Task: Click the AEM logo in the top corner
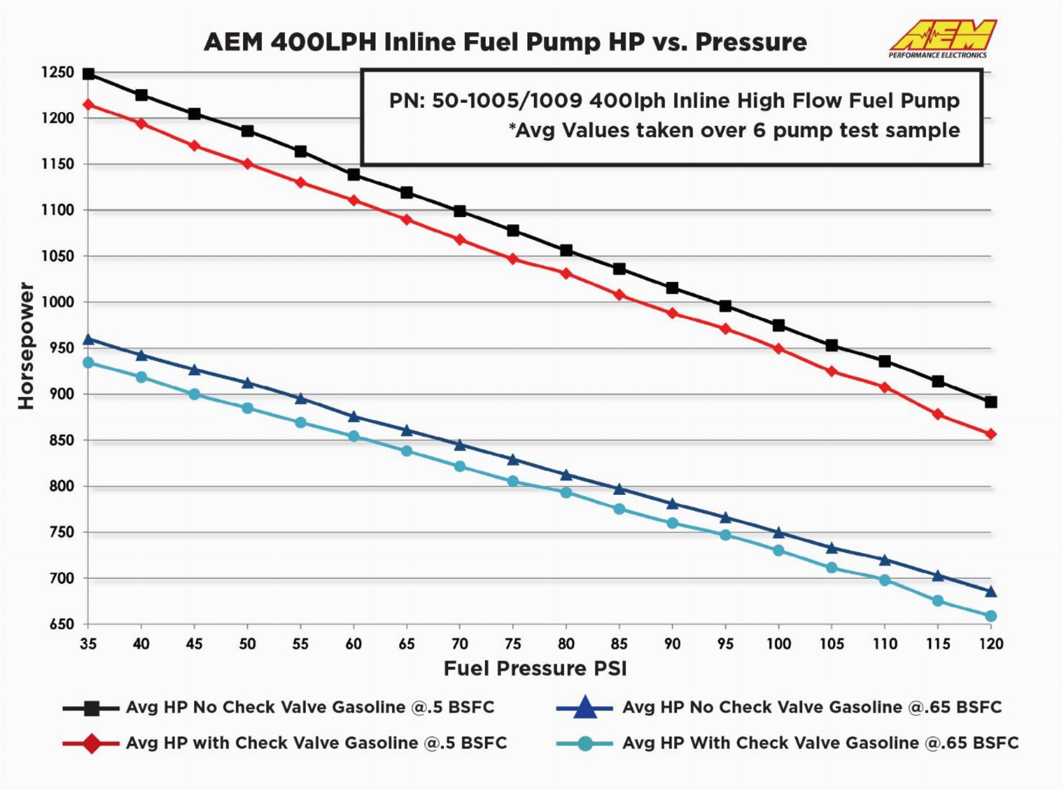(x=942, y=38)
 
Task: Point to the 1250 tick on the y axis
(x=57, y=72)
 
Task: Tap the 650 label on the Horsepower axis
(x=57, y=624)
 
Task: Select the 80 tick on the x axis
(x=566, y=643)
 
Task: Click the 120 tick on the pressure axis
(x=991, y=643)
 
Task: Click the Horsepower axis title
(x=25, y=346)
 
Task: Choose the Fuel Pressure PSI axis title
(x=535, y=669)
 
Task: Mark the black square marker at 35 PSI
(x=89, y=74)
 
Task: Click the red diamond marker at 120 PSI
(x=991, y=434)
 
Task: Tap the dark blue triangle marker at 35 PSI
(x=89, y=340)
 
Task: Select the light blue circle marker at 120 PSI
(x=991, y=616)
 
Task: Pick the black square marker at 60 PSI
(x=354, y=175)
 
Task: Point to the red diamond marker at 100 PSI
(x=778, y=349)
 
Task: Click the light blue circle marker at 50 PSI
(x=247, y=408)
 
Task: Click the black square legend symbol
(x=91, y=708)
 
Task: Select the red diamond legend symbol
(x=91, y=744)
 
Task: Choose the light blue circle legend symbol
(x=585, y=744)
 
